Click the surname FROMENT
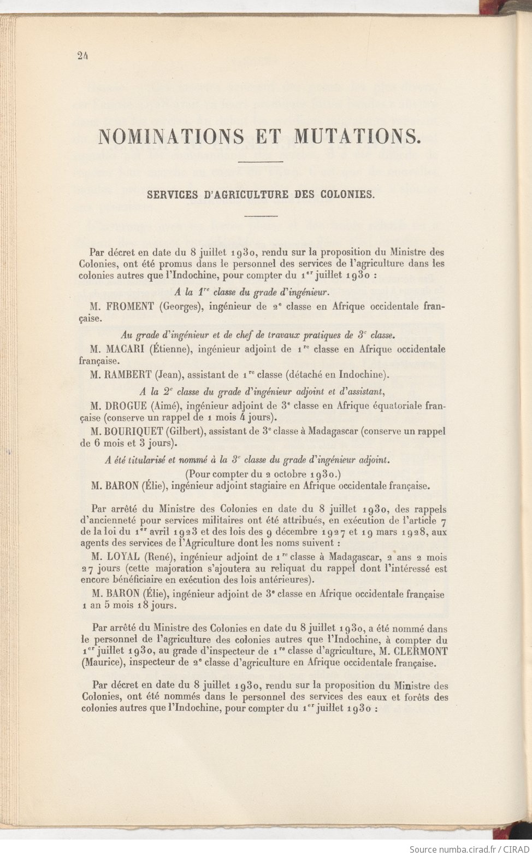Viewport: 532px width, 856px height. click(x=128, y=307)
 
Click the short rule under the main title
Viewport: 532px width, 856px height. click(x=261, y=162)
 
